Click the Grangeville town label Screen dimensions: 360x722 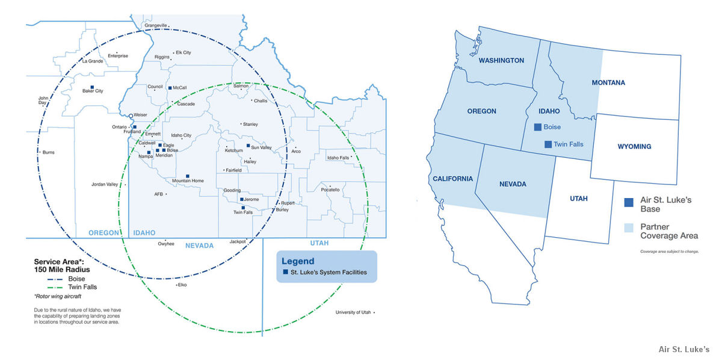pos(155,25)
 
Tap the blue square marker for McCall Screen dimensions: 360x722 pos(170,88)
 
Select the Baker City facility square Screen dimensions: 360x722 pos(91,87)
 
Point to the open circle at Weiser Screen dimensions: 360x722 pos(131,115)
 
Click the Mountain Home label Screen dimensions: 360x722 pos(188,181)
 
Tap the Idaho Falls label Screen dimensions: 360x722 pos(338,158)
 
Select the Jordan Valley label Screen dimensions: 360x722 pos(105,184)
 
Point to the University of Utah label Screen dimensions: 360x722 pos(353,312)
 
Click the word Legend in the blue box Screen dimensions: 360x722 pos(298,261)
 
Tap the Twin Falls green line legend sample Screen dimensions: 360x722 pos(51,288)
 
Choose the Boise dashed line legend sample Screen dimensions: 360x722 pos(51,279)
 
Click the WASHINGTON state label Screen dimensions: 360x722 pos(501,60)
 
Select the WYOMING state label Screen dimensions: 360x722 pos(634,146)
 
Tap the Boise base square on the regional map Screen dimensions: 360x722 pos(538,127)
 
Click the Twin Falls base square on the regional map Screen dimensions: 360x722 pos(548,144)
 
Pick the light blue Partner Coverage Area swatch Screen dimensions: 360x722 pos(629,228)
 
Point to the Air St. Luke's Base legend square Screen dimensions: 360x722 pos(629,202)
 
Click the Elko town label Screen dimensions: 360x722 pos(182,284)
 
